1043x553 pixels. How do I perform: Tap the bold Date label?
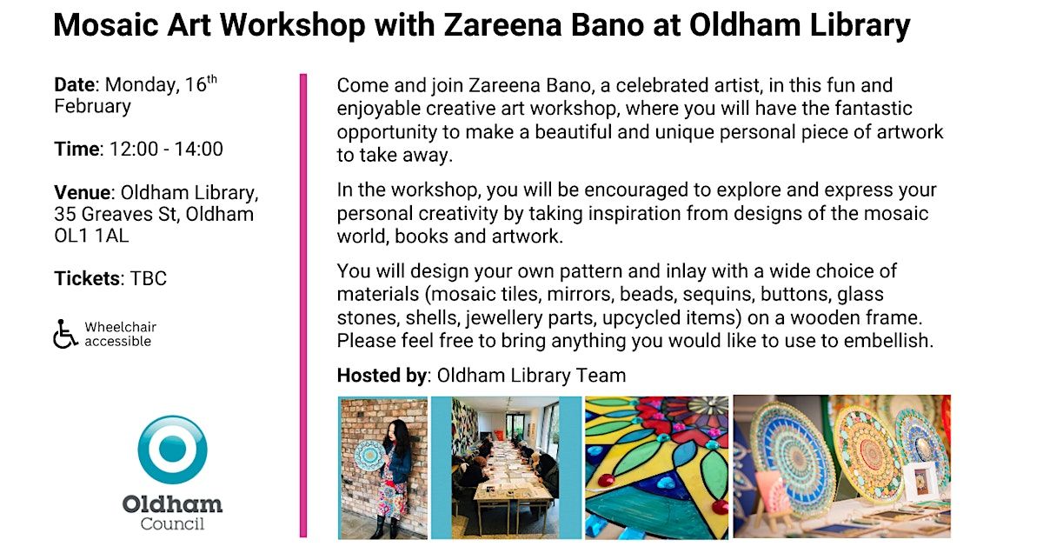pyautogui.click(x=75, y=85)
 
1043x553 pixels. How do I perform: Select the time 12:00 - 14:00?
pyautogui.click(x=166, y=149)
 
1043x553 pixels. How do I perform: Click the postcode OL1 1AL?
pyautogui.click(x=91, y=236)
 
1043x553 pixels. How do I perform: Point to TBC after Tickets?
pyautogui.click(x=148, y=278)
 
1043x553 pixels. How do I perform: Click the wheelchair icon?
pyautogui.click(x=64, y=334)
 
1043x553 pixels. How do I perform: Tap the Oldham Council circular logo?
pyautogui.click(x=172, y=450)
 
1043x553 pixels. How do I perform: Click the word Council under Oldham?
pyautogui.click(x=172, y=523)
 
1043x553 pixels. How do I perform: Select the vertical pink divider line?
pyautogui.click(x=303, y=305)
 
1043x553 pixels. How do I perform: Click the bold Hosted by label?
pyautogui.click(x=382, y=376)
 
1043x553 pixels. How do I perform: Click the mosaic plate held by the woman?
pyautogui.click(x=369, y=456)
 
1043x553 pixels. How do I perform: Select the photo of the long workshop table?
pyautogui.click(x=506, y=467)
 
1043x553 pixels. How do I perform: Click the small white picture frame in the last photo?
pyautogui.click(x=921, y=480)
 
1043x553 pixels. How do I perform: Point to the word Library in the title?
pyautogui.click(x=860, y=25)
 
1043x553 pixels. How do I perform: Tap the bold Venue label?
pyautogui.click(x=83, y=192)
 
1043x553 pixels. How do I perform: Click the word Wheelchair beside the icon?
pyautogui.click(x=121, y=327)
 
